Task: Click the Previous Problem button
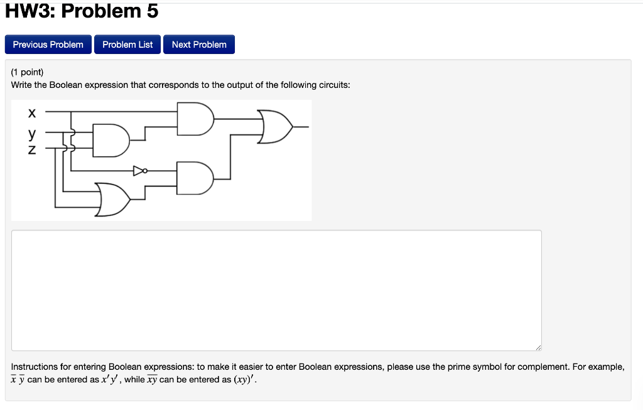click(48, 45)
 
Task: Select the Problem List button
click(127, 45)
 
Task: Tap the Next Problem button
click(199, 45)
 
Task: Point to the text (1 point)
click(27, 72)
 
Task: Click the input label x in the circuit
click(31, 113)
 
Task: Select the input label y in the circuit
click(31, 134)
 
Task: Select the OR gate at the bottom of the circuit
click(113, 199)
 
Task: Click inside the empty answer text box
click(276, 290)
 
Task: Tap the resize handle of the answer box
click(537, 347)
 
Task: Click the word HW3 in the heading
click(31, 11)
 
